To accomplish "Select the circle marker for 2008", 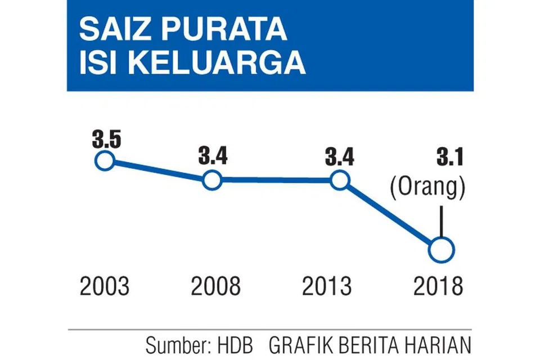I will (x=212, y=181).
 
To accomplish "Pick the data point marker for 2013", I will (x=339, y=181).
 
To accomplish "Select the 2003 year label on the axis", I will (x=104, y=286).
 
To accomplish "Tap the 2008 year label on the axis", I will (x=215, y=286).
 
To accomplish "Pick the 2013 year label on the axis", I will (x=327, y=286).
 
